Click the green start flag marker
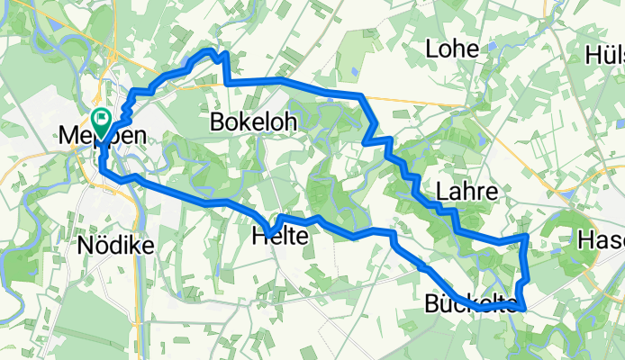tap(101, 119)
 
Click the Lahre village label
tap(466, 191)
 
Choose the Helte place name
tap(280, 237)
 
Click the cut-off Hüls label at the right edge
tap(605, 55)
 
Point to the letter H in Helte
tap(260, 237)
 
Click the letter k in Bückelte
tap(467, 304)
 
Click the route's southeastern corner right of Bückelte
tap(523, 310)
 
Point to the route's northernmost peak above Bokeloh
tap(215, 52)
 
